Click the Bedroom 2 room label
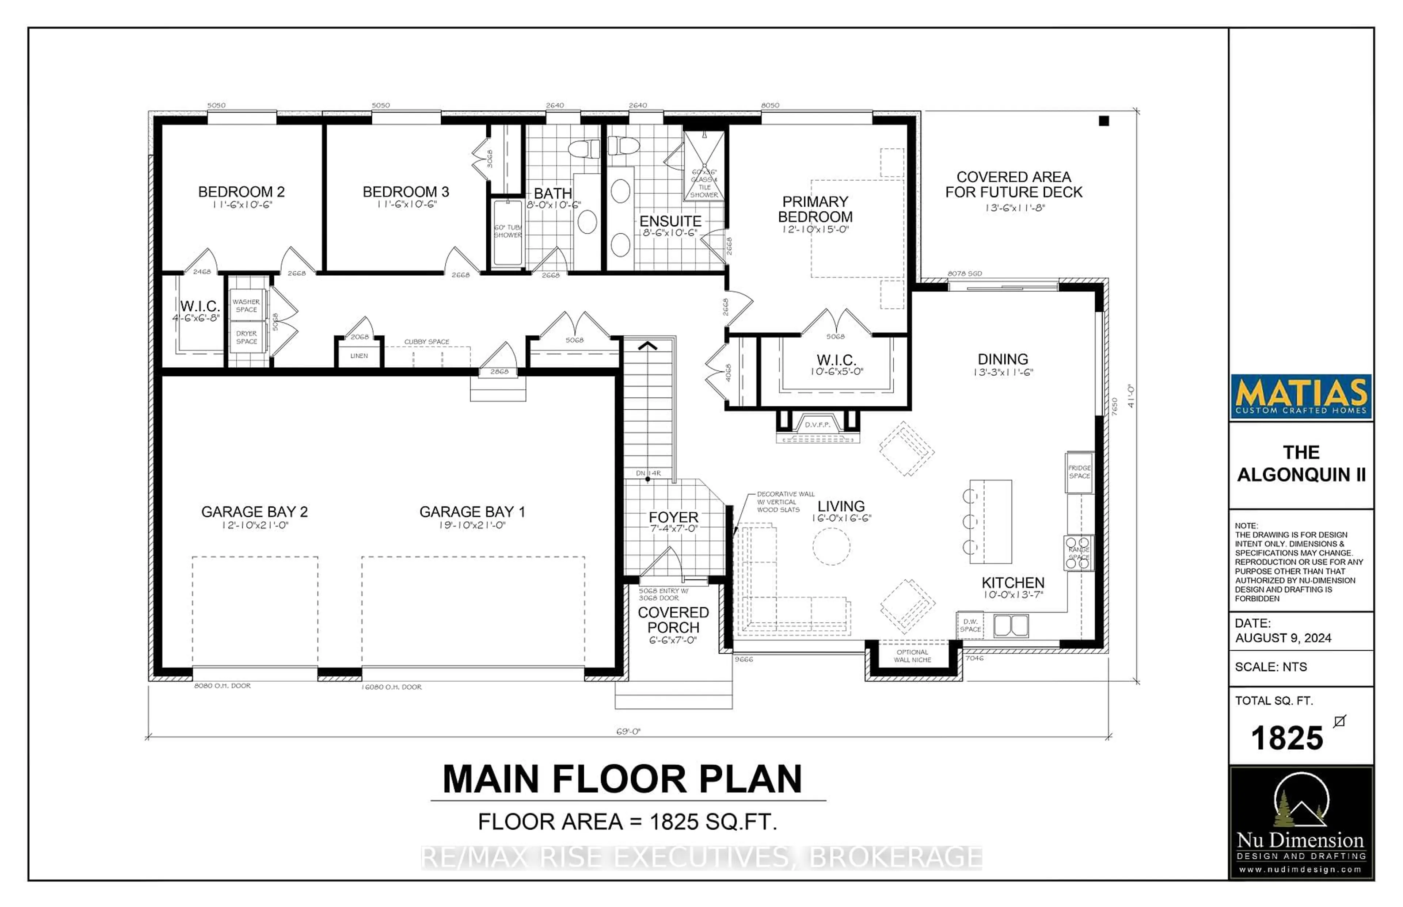241,192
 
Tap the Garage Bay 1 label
472,512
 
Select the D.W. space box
970,625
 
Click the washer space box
246,305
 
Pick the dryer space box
246,337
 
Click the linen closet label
359,356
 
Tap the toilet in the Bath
583,148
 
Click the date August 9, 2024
1283,638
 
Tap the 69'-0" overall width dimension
628,731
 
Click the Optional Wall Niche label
912,655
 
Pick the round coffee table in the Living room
831,546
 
